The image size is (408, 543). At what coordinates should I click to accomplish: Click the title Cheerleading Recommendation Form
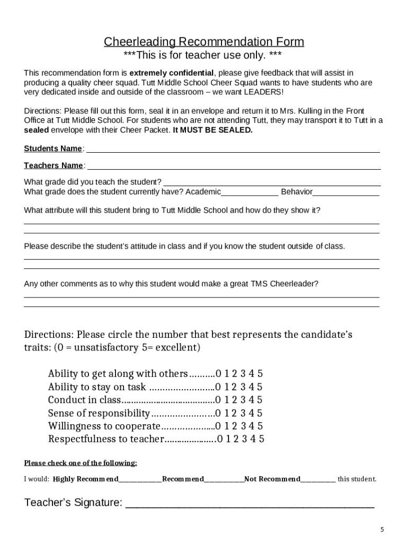tap(204, 42)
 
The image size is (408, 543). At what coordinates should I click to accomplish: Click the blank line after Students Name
tap(233, 150)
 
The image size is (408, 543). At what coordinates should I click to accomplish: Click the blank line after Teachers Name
tap(234, 167)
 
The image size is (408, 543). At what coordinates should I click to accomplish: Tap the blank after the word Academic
tap(250, 192)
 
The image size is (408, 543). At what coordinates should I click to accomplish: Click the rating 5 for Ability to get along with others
tap(260, 373)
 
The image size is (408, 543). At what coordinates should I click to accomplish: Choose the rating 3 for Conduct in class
tap(243, 400)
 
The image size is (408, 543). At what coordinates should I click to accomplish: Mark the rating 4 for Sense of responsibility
tap(252, 413)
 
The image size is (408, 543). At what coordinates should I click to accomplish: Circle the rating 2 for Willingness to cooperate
tap(235, 426)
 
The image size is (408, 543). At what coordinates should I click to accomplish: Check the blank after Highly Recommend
tap(140, 480)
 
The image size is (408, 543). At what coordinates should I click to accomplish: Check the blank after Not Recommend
tap(318, 480)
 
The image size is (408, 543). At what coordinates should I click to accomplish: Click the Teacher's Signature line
tap(250, 504)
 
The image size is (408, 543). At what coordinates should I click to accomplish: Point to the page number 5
tap(382, 530)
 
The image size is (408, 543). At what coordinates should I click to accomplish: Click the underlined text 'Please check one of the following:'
tap(81, 463)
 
